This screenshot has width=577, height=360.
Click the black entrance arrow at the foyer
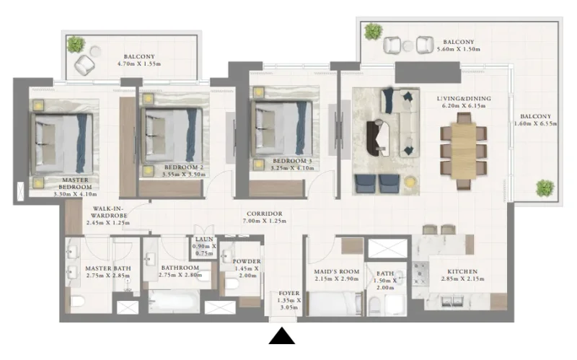pyautogui.click(x=282, y=338)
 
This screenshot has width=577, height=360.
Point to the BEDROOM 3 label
pyautogui.click(x=292, y=161)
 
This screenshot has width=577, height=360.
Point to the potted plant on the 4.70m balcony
pyautogui.click(x=75, y=45)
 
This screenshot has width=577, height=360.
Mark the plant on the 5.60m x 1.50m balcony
pyautogui.click(x=373, y=31)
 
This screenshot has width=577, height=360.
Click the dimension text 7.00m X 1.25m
pyautogui.click(x=263, y=222)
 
